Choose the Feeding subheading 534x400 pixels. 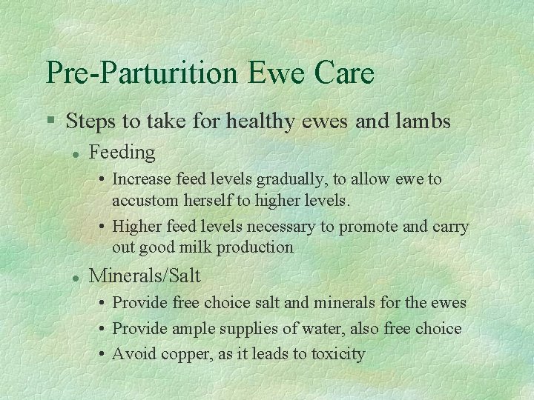122,153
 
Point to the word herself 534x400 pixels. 208,200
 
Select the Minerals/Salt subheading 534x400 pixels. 145,276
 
